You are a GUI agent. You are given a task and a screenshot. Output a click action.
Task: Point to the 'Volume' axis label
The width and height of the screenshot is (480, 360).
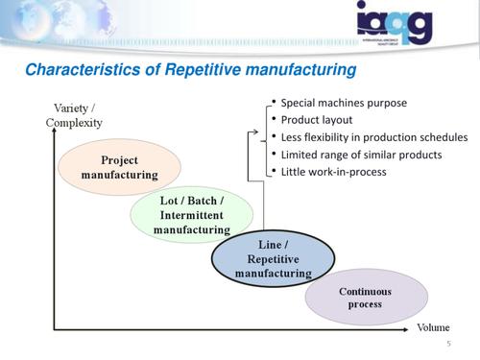pos(432,327)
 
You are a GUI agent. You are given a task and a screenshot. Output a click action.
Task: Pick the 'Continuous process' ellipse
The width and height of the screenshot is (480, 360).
pos(366,298)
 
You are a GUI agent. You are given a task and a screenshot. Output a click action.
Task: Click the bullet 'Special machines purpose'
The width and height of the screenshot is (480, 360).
pos(344,103)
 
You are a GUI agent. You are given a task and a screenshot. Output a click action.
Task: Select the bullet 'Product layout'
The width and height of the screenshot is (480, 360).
pos(316,120)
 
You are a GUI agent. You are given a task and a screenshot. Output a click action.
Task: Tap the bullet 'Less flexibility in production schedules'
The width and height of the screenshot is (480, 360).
pos(373,137)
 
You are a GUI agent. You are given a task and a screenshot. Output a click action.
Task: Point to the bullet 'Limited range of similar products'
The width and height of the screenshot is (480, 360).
pos(360,155)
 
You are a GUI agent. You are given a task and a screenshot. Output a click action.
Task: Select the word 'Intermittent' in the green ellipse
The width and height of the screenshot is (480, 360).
pos(192,215)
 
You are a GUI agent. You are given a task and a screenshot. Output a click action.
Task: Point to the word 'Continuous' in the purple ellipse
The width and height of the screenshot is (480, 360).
pos(366,291)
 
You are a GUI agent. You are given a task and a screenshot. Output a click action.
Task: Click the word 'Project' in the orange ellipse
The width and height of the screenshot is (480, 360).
pos(120,159)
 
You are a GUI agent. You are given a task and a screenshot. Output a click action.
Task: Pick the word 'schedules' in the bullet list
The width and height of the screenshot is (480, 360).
pos(443,137)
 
